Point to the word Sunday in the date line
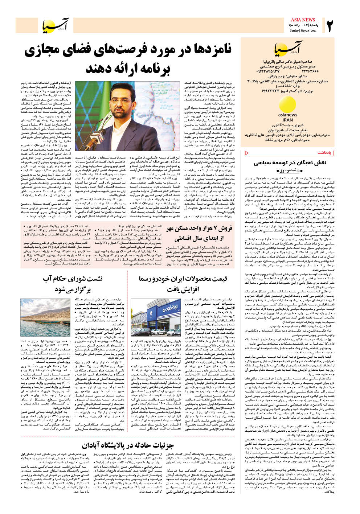(294, 30)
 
